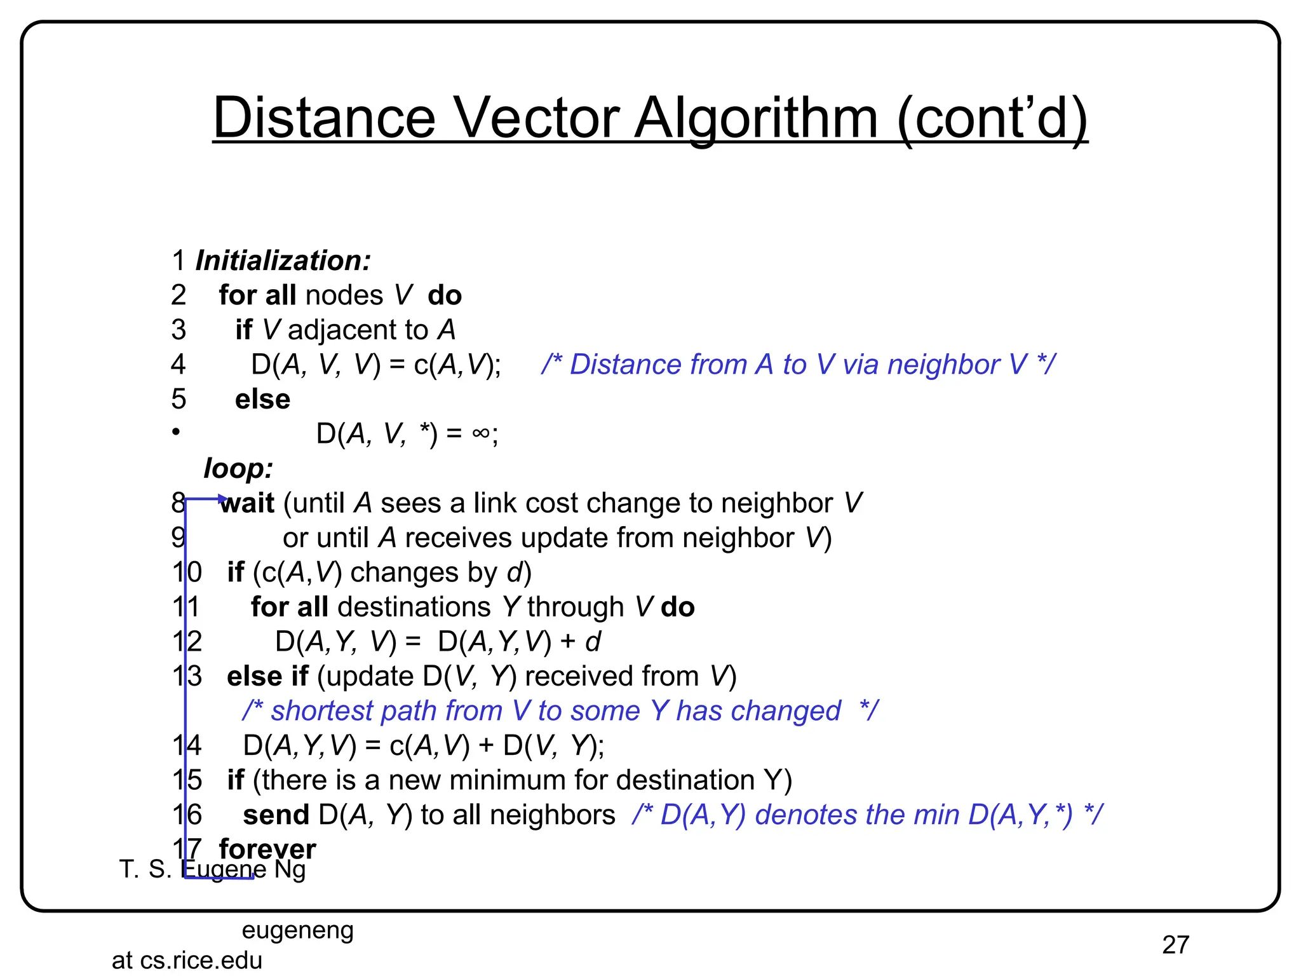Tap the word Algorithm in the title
click(756, 119)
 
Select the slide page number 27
click(1175, 945)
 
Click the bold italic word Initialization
click(283, 261)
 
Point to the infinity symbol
click(481, 433)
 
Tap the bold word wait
click(248, 503)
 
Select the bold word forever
click(267, 849)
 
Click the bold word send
click(276, 815)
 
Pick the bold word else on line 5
click(262, 399)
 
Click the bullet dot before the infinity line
click(176, 432)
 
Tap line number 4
click(179, 365)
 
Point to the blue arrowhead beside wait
click(222, 499)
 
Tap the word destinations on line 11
click(414, 607)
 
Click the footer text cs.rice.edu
click(201, 960)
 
